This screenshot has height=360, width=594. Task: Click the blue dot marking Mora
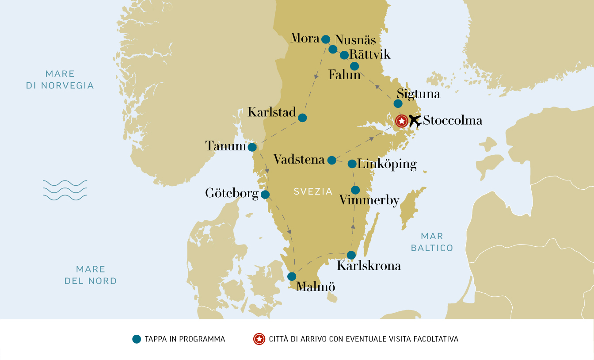point(326,39)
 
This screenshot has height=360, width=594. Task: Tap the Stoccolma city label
point(452,120)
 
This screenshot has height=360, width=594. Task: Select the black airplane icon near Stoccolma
point(415,120)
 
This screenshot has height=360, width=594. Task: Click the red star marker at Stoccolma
point(401,121)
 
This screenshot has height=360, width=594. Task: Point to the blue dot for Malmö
point(292,276)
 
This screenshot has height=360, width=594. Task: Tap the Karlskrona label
point(369,266)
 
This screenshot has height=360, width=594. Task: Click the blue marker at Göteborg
point(265,195)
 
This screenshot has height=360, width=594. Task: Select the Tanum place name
point(225,146)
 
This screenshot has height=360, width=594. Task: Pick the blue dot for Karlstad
point(302,118)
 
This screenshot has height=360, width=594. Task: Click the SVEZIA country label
point(313,191)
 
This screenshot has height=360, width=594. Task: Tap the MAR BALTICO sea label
point(432,242)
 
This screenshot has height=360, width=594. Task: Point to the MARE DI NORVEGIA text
point(60,80)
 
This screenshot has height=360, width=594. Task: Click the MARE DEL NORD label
point(91,275)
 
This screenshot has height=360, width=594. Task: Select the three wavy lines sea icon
point(65,190)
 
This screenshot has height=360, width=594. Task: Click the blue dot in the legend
point(137,339)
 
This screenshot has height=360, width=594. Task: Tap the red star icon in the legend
point(259,339)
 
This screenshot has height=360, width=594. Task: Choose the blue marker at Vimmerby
point(355,190)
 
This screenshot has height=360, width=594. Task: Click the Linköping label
point(387,164)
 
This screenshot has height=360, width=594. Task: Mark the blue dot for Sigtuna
point(398,103)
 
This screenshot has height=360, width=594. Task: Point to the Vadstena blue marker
point(331,160)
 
